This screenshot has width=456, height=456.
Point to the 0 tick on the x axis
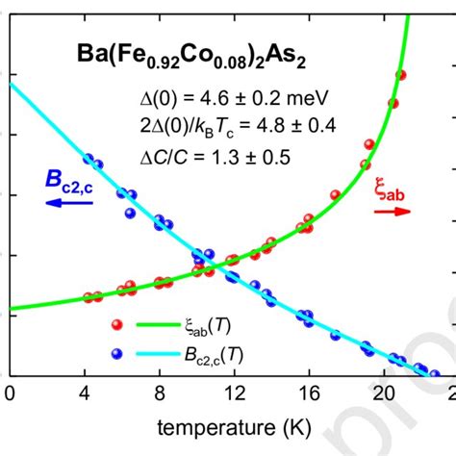coord(10,394)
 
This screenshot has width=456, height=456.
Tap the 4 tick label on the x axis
coord(85,394)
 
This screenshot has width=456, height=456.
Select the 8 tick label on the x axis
coord(160,394)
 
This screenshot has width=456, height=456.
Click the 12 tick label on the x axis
coord(233,394)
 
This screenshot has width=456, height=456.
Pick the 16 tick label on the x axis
coord(308,394)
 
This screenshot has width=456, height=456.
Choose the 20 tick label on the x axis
coord(383,394)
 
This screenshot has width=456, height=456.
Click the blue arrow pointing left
coord(66,203)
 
